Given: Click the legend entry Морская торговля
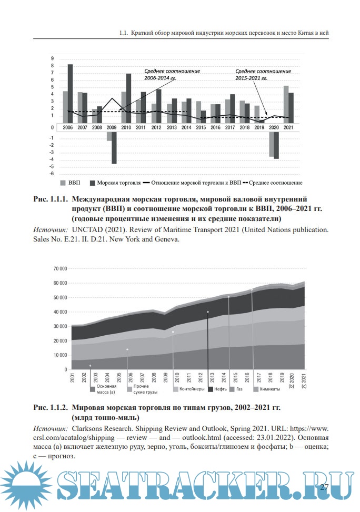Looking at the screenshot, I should pos(115,183).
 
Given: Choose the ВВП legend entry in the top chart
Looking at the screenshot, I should pos(69,183).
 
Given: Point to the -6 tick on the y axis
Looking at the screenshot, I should pos(52,174).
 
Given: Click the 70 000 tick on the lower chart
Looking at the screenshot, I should pos(60,268).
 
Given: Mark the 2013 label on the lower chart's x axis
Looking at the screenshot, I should pos(210,378).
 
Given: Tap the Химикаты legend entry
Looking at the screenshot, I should pos(269,389).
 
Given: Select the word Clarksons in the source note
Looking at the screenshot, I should pos(91,429).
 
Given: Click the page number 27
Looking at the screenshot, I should pos(324,487).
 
